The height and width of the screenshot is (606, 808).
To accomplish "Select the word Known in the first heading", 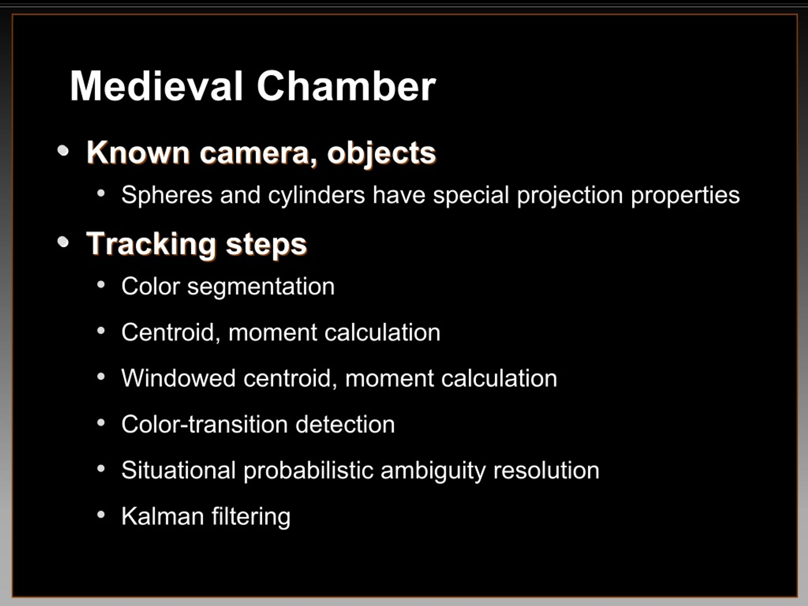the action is click(138, 152).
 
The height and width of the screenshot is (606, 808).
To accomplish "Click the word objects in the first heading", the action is click(381, 153).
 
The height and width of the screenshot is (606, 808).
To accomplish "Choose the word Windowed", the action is click(178, 378).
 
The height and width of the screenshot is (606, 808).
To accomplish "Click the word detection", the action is click(345, 424).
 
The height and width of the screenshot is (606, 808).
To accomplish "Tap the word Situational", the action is click(178, 470).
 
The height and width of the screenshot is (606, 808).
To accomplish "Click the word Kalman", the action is click(163, 516).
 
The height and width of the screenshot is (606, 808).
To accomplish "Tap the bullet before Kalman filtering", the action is click(101, 515).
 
